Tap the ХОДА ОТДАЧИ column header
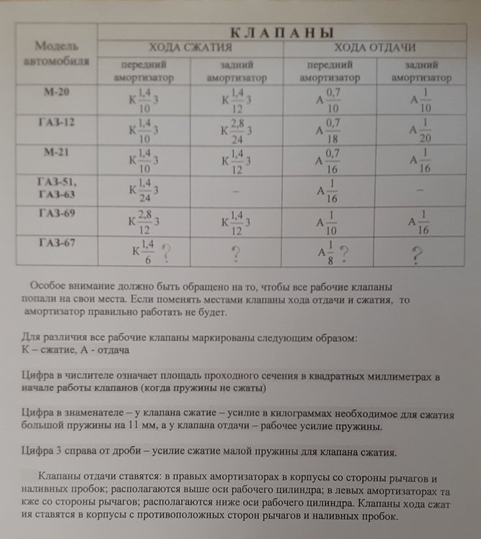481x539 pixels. point(376,48)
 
